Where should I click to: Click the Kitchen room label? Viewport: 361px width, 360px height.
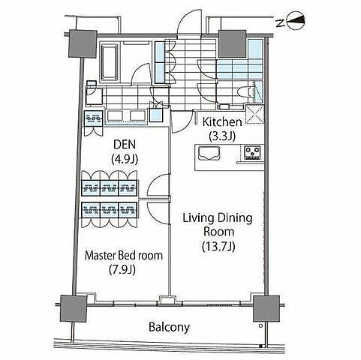coord(222,122)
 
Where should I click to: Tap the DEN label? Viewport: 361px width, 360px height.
coord(125,145)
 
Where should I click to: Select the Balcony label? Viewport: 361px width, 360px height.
coord(169,328)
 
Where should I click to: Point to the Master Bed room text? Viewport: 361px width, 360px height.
coord(124,256)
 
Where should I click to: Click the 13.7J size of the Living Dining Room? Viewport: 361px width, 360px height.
coord(218,247)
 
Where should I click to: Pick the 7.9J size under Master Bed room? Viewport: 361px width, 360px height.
coord(122,269)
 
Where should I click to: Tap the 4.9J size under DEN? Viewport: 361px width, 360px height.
coord(125,159)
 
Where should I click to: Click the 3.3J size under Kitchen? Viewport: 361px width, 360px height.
coord(222,136)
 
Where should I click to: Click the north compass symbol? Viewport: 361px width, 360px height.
coord(296,22)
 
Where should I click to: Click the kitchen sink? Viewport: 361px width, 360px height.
coord(209,153)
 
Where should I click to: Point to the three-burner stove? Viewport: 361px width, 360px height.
coord(252,152)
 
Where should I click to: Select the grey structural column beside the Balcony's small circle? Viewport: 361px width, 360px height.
coord(266,308)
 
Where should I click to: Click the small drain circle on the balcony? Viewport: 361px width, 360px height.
coord(260,325)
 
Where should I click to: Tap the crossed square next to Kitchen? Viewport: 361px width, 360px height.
coord(254,115)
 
